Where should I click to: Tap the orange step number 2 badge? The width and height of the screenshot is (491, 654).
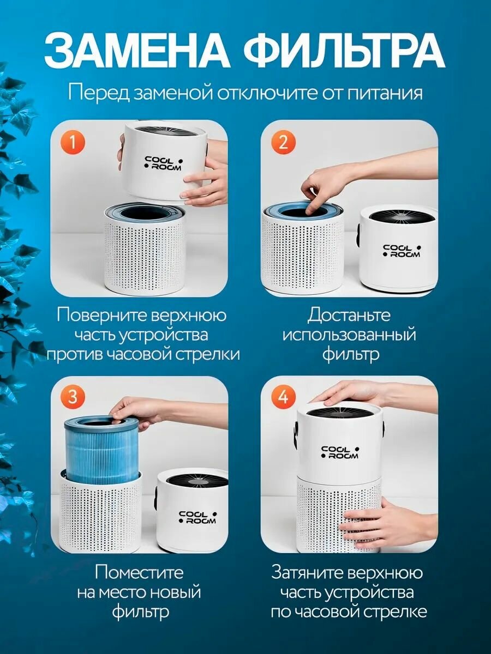coord(283,142)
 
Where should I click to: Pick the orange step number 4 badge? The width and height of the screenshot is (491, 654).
coord(283,397)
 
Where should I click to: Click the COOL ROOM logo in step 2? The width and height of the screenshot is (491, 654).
coord(402,251)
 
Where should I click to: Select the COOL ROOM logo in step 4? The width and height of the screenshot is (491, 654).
coord(340,452)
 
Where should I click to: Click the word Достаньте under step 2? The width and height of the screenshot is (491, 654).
coord(349,315)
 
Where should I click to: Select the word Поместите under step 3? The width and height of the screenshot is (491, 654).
coord(139,572)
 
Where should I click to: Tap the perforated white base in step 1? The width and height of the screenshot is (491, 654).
coord(143,256)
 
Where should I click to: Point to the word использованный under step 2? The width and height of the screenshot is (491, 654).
coord(349,334)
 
